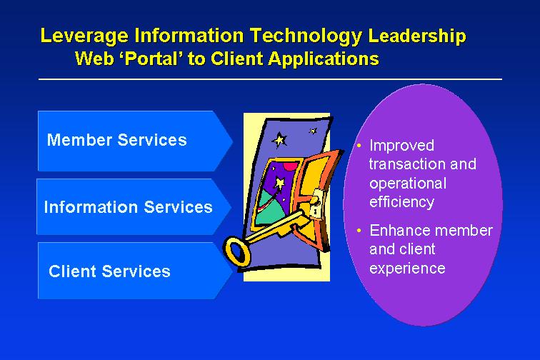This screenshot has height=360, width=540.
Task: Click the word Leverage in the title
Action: (84, 36)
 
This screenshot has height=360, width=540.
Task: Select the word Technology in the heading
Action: (306, 36)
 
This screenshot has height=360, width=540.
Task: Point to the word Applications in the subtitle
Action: (324, 59)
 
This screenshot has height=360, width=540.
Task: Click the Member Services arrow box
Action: (135, 141)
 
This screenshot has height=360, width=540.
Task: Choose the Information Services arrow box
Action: (134, 206)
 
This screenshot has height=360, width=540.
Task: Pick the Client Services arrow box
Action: (135, 271)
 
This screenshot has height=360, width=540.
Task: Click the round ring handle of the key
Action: (236, 251)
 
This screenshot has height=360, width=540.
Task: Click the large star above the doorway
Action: (279, 140)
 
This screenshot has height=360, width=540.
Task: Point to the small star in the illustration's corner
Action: (313, 131)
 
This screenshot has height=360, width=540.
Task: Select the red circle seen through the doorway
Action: (290, 167)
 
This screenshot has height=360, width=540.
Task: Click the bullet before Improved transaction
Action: (359, 146)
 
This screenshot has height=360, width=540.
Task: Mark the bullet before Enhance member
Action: (359, 231)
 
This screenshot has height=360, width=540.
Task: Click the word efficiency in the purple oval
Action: (401, 202)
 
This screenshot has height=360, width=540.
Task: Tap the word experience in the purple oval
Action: (407, 269)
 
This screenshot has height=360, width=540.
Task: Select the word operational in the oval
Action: (408, 184)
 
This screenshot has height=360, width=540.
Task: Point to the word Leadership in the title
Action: (417, 36)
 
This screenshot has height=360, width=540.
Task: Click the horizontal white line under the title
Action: (270, 79)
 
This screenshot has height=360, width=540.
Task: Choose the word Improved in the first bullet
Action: (401, 146)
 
